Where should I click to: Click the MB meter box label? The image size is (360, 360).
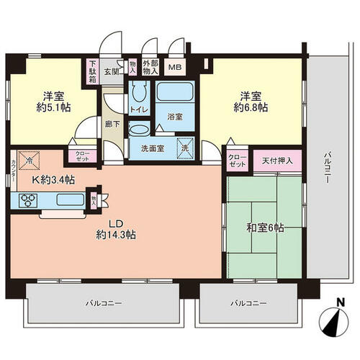click(175, 67)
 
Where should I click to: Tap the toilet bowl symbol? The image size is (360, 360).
click(139, 91)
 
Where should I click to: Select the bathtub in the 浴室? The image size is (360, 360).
click(175, 92)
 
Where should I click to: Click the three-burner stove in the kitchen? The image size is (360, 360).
click(28, 200)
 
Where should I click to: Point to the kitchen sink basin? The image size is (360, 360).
click(71, 199)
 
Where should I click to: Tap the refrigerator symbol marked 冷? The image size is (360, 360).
click(29, 161)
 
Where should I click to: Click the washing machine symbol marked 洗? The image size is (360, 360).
click(185, 148)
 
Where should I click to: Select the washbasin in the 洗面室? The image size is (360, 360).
click(139, 129)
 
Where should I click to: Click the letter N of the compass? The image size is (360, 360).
click(340, 302)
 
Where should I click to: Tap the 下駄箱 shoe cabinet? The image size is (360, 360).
click(93, 71)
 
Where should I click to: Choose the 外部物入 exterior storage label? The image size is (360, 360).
click(150, 67)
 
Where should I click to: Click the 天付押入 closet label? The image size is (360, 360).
click(277, 161)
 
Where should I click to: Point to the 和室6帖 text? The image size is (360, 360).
click(265, 228)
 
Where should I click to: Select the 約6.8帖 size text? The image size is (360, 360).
click(251, 107)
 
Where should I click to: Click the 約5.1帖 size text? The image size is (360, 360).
click(53, 107)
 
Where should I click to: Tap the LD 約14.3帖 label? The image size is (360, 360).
click(116, 230)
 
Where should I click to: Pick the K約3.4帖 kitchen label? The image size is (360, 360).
click(53, 180)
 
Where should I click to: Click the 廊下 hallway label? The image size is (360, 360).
click(112, 124)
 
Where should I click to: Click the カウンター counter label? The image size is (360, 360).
click(14, 171)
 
